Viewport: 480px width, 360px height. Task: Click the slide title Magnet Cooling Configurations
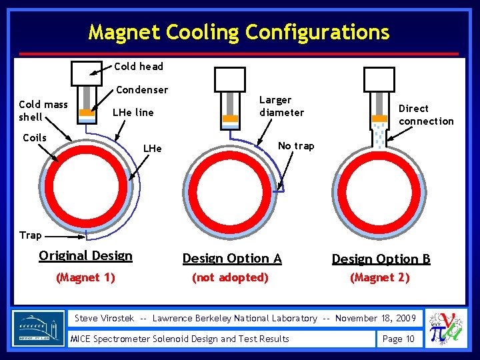click(x=239, y=31)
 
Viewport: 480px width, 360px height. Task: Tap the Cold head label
click(x=139, y=66)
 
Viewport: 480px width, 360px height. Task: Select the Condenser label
click(x=142, y=89)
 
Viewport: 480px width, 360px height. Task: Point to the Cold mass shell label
click(x=43, y=111)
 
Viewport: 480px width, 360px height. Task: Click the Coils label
click(x=35, y=138)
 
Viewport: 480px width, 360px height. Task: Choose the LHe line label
click(x=133, y=112)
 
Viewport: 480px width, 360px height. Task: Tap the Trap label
click(x=31, y=235)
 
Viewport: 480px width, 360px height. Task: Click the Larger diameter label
click(x=281, y=106)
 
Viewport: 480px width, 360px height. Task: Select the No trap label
click(x=295, y=146)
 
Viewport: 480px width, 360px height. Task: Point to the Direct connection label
click(x=425, y=115)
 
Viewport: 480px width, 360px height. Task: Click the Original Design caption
click(x=85, y=256)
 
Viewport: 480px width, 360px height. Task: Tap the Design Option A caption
click(x=232, y=259)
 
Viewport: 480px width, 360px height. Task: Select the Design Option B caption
click(x=381, y=259)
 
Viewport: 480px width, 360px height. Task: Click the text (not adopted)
click(x=229, y=277)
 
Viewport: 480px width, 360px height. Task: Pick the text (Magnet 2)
click(x=380, y=277)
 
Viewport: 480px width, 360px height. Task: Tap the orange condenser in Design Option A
click(x=230, y=119)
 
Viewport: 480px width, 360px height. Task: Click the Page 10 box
click(x=399, y=339)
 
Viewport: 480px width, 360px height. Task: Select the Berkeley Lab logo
click(x=39, y=329)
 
